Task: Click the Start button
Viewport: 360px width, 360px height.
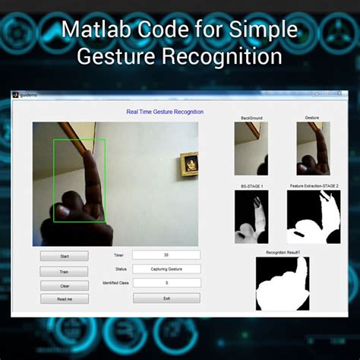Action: [64, 256]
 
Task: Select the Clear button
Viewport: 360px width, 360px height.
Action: [64, 286]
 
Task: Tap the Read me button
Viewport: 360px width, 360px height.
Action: [64, 299]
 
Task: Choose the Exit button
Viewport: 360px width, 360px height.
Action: [166, 298]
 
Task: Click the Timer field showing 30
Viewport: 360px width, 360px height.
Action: [166, 255]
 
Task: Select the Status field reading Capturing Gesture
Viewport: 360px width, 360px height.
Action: [166, 269]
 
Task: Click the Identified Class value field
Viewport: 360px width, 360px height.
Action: [166, 283]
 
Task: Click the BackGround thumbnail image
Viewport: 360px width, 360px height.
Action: [251, 149]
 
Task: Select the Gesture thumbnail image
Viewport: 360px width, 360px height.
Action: [313, 149]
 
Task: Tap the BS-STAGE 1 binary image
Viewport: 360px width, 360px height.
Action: [251, 216]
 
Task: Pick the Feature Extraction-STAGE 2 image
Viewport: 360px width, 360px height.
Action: [314, 216]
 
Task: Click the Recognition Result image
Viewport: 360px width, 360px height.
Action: [283, 283]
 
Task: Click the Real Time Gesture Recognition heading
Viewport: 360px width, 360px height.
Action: [165, 112]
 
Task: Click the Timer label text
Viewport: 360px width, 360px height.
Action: [118, 255]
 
